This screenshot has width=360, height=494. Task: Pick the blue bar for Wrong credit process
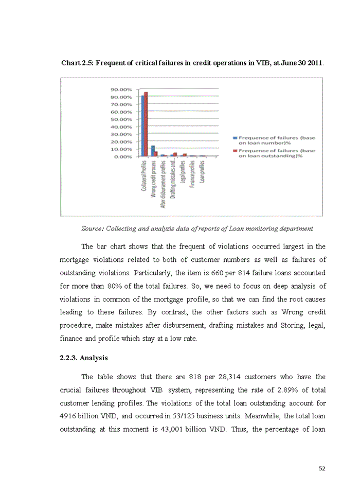tap(152, 151)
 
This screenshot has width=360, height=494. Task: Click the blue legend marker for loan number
tap(235, 138)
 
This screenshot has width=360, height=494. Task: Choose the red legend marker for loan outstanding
tap(235, 151)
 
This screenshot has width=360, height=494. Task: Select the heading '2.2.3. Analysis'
tap(84, 358)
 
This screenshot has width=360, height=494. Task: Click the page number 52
tap(322, 468)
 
